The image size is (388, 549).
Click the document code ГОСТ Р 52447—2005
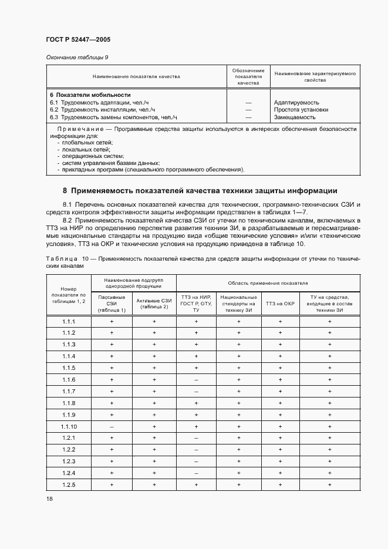(78, 39)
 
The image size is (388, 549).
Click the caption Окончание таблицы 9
(77, 57)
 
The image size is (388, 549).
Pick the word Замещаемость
(294, 117)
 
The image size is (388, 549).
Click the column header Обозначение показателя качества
(248, 77)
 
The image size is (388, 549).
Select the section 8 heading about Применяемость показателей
(200, 190)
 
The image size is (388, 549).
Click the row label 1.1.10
(69, 426)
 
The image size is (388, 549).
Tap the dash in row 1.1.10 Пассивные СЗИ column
(112, 426)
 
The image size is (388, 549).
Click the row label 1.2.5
(69, 484)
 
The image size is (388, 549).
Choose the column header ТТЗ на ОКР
(280, 304)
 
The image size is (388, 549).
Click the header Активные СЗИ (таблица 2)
(154, 304)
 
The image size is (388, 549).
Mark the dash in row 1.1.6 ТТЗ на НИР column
(196, 380)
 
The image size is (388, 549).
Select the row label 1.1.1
(69, 322)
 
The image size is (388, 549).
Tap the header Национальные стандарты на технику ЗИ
(238, 304)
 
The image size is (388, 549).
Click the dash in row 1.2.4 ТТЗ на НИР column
(196, 473)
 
